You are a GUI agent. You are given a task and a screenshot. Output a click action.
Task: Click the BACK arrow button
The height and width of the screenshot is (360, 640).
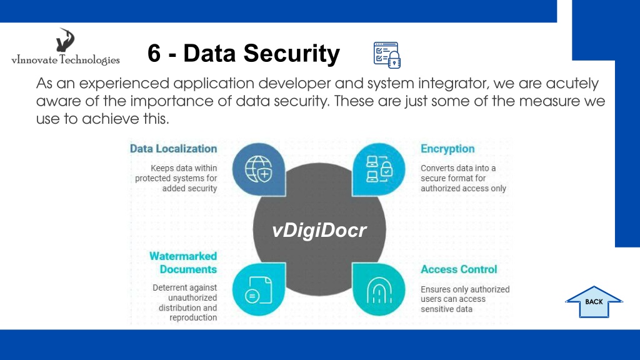pyautogui.click(x=594, y=302)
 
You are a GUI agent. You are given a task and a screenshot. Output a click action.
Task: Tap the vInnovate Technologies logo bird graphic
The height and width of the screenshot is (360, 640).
pyautogui.click(x=65, y=39)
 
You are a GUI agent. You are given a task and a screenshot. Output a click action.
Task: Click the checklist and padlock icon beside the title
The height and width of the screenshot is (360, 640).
pyautogui.click(x=387, y=55)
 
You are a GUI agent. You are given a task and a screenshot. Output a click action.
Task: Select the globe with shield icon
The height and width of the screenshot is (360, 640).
pyautogui.click(x=258, y=169)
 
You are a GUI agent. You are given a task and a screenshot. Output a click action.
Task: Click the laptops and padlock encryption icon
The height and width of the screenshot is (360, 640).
pyautogui.click(x=379, y=169)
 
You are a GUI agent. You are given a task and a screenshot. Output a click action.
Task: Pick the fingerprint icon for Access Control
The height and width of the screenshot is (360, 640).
pyautogui.click(x=379, y=290)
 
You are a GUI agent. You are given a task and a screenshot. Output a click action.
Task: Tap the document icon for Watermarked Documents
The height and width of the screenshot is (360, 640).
pyautogui.click(x=258, y=290)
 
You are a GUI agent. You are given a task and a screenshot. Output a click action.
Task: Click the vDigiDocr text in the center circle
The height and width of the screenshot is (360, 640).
pyautogui.click(x=319, y=230)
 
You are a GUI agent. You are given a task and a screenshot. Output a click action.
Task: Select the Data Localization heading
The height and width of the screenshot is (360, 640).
pyautogui.click(x=174, y=149)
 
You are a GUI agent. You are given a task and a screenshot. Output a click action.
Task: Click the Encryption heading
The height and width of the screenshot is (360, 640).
pyautogui.click(x=447, y=149)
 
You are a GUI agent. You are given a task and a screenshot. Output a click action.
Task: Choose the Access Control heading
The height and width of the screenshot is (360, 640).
pyautogui.click(x=459, y=269)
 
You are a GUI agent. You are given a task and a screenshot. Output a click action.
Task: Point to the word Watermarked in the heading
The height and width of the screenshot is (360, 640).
pyautogui.click(x=183, y=256)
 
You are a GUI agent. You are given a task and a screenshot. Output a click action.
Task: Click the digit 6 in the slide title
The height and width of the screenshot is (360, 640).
pyautogui.click(x=154, y=54)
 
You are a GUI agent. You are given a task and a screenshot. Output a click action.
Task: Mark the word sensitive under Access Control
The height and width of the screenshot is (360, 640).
pyautogui.click(x=446, y=309)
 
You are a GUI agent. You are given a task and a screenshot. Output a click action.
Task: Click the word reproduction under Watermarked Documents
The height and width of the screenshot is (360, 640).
pyautogui.click(x=193, y=317)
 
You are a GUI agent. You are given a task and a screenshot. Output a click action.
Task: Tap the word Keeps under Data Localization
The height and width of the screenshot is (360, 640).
pyautogui.click(x=162, y=169)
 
